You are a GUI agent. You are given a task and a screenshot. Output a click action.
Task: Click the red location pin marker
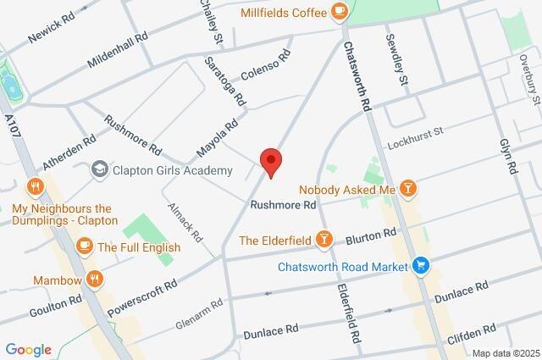tap(270, 161)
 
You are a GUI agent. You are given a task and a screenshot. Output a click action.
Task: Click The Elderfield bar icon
tap(322, 241)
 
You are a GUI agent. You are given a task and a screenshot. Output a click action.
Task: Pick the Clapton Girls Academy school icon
tap(100, 170)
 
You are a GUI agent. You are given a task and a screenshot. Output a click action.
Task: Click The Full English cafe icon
tap(84, 246)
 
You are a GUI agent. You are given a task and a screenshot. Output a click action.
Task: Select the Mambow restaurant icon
tap(95, 280)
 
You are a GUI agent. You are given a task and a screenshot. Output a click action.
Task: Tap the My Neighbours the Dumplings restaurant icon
tap(35, 186)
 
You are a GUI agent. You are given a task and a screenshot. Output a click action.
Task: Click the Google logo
tap(28, 350)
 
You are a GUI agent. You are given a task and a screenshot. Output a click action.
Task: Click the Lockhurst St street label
tap(416, 139)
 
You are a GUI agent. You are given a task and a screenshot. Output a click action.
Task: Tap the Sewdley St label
tap(396, 59)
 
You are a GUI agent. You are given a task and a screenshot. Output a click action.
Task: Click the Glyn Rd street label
tap(508, 157)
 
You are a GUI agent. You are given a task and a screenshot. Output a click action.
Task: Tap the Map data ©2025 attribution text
tap(505, 353)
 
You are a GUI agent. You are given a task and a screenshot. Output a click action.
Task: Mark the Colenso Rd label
tap(266, 65)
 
